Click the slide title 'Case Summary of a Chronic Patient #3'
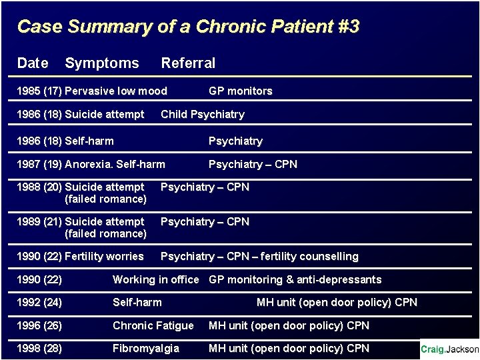[x=188, y=27]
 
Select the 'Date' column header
[x=33, y=63]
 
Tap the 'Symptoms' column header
[x=102, y=63]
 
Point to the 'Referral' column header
[x=188, y=63]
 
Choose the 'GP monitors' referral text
[x=240, y=91]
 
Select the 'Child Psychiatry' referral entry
[x=203, y=115]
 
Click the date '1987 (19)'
[x=39, y=164]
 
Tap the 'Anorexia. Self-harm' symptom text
[x=115, y=164]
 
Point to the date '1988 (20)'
[x=39, y=187]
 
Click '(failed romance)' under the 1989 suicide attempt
[x=105, y=234]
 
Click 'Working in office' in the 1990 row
[x=155, y=280]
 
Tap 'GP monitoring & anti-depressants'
[x=295, y=280]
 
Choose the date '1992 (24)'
[x=39, y=303]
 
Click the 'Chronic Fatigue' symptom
[x=153, y=326]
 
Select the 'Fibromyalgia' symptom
[x=145, y=349]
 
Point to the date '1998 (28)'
[x=39, y=349]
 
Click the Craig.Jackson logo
[x=449, y=349]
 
